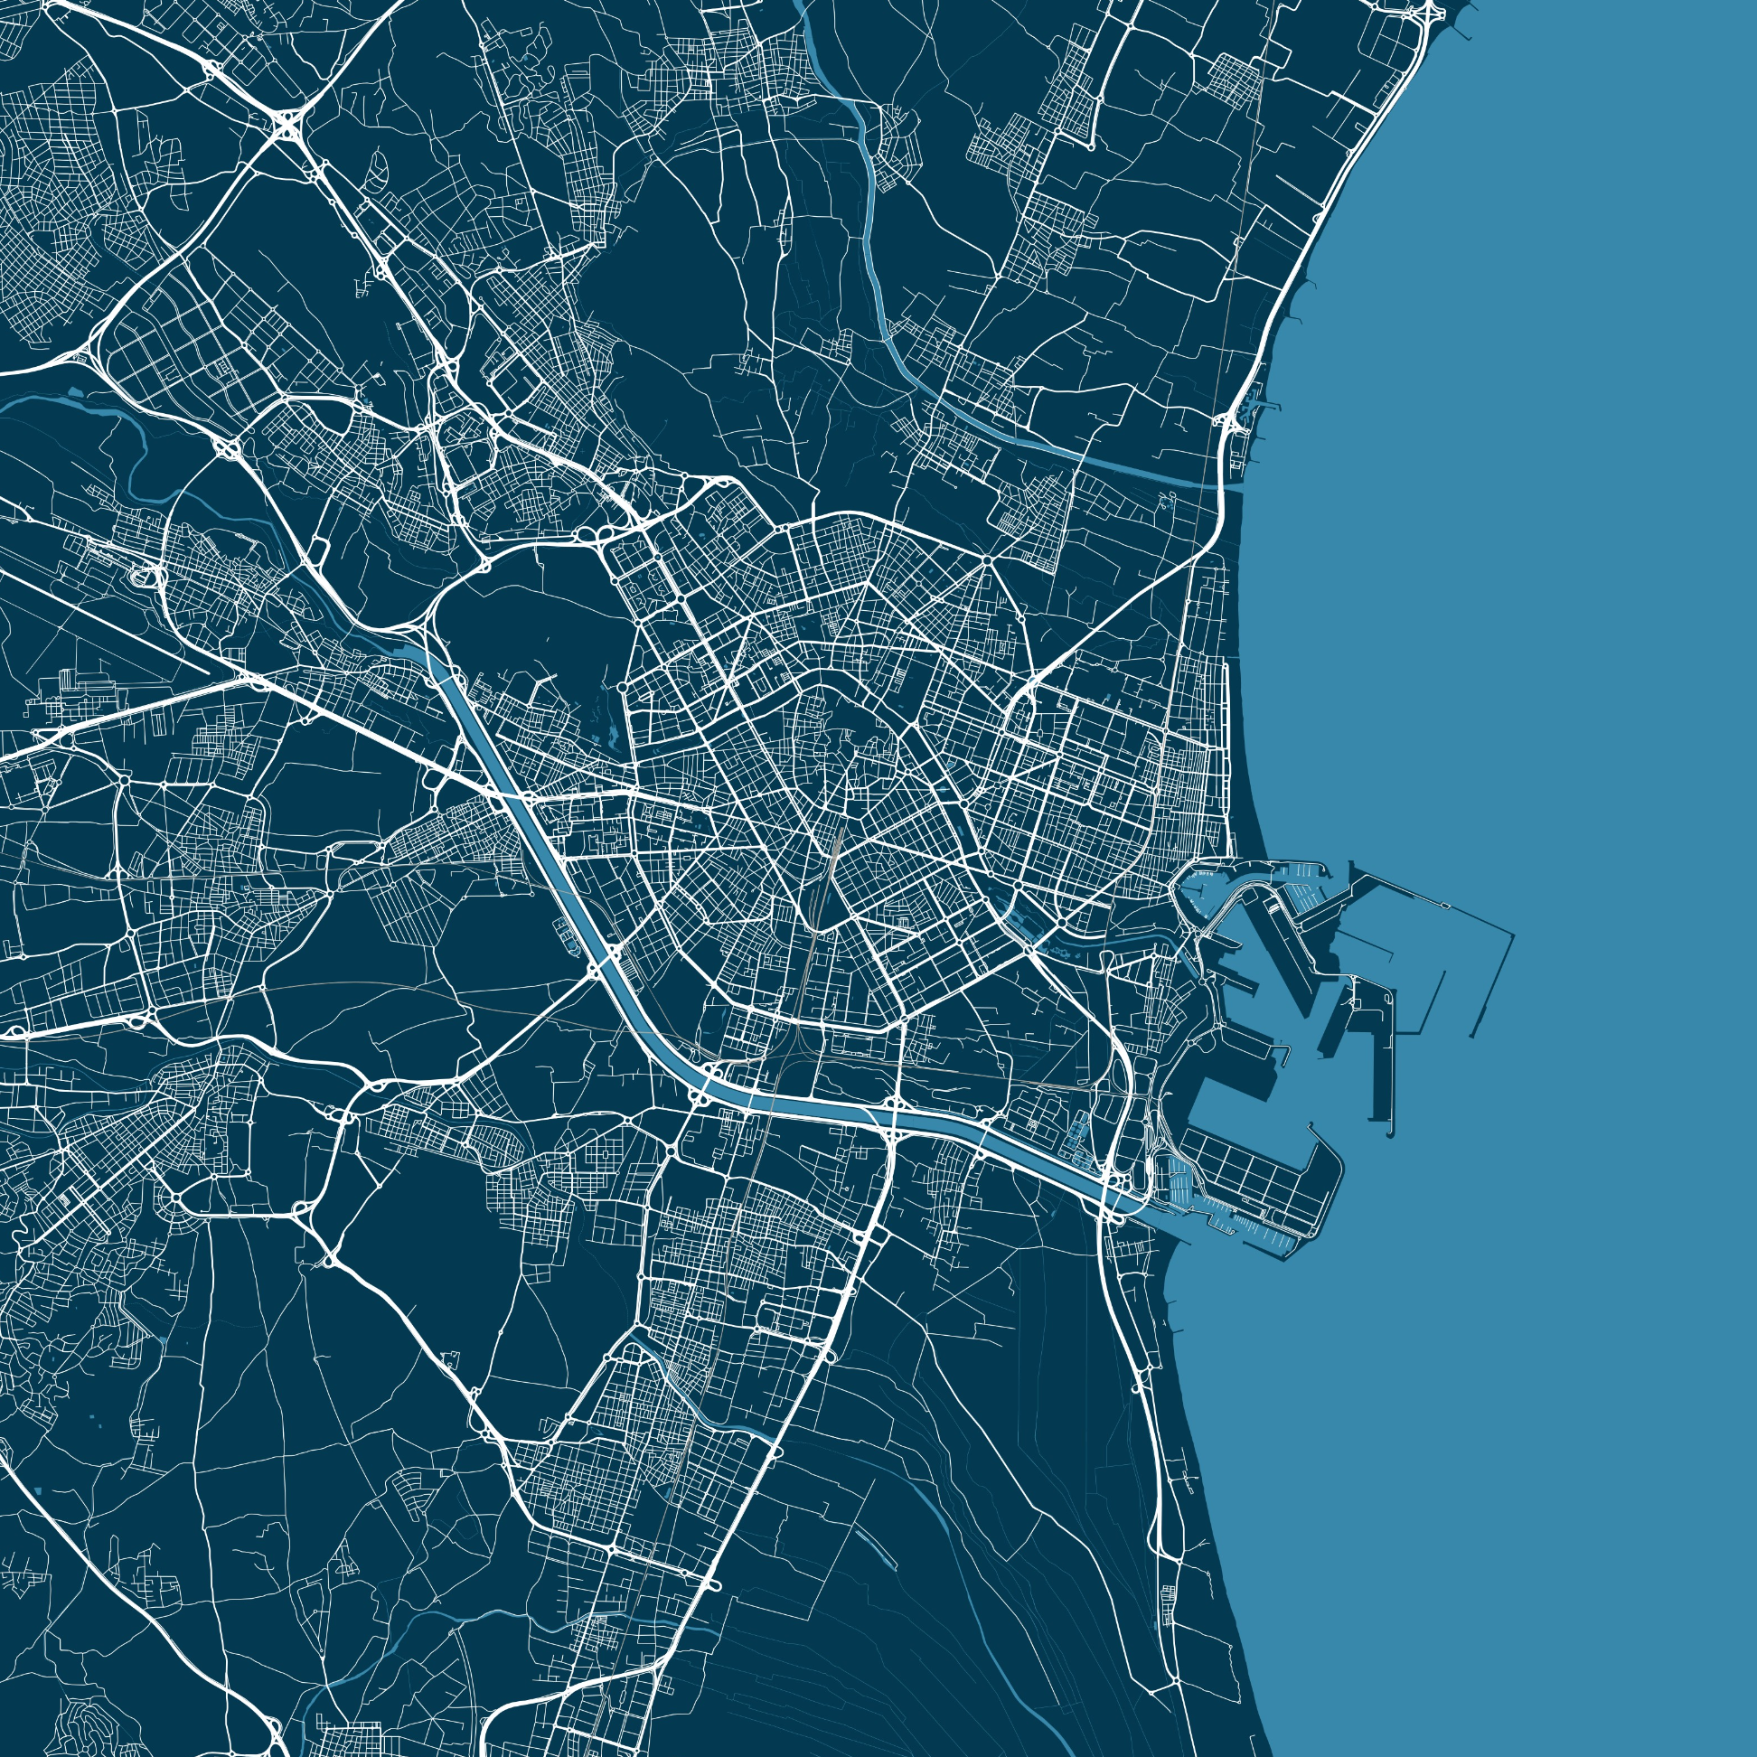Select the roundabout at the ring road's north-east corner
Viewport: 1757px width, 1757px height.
(x=988, y=557)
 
